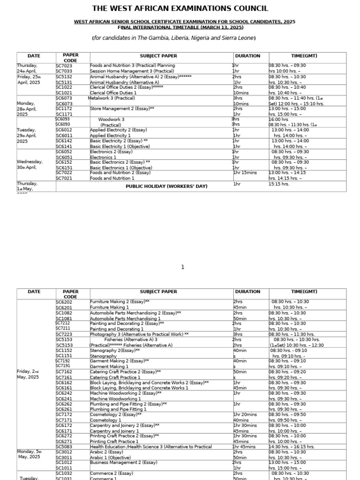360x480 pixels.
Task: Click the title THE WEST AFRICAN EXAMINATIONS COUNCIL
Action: tap(180, 8)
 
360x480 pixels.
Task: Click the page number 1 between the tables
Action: tap(183, 267)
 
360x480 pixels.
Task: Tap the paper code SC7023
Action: tap(64, 66)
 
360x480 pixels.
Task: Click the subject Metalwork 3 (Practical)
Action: tap(111, 98)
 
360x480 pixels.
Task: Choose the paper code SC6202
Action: tap(64, 302)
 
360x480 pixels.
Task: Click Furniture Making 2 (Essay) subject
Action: tap(120, 302)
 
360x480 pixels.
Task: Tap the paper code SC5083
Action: tap(64, 447)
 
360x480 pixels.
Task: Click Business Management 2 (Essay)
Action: tap(117, 463)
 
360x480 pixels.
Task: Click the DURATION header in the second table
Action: tap(247, 292)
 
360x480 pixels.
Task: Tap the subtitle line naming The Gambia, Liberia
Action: tap(180, 37)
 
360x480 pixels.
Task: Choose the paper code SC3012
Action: tap(64, 452)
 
